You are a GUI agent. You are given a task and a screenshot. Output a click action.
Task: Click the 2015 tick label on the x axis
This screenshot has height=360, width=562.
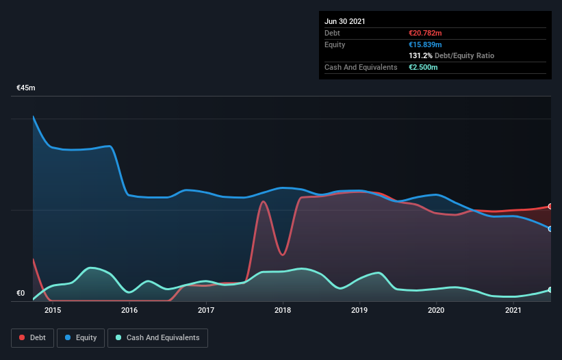[x=53, y=311]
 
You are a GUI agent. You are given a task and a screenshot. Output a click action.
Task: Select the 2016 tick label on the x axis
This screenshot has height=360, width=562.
[x=129, y=311]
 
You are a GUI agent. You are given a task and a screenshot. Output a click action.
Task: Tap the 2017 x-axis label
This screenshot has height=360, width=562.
[x=206, y=311]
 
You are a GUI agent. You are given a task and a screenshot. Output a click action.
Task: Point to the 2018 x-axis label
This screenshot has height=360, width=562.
[x=283, y=311]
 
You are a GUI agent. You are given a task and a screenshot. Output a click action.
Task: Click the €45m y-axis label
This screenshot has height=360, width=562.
[x=26, y=88]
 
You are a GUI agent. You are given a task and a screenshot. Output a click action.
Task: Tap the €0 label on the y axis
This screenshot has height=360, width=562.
[x=21, y=294]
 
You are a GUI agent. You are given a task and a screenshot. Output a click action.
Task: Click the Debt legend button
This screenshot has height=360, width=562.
[x=33, y=338]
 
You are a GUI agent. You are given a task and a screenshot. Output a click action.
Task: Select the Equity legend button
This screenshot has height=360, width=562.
[x=81, y=338]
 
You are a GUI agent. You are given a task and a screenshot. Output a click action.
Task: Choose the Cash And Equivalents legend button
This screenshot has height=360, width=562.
[x=157, y=338]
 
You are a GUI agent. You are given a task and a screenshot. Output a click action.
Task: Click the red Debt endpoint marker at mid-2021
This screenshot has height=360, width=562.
[x=550, y=206]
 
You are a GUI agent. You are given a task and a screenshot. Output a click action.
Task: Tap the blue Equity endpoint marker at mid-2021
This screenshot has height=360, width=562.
[x=550, y=229]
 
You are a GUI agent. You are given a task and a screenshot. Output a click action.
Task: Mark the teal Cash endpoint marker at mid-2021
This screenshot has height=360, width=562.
[x=550, y=290]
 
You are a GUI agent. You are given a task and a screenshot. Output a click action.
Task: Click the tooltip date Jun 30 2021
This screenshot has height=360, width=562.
[x=345, y=21]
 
